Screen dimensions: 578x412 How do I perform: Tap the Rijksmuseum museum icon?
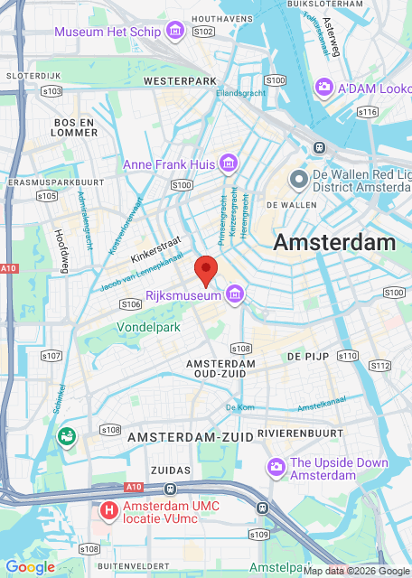click(x=235, y=294)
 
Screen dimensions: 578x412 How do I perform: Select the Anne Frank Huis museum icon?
click(x=229, y=164)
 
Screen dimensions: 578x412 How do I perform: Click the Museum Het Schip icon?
click(x=175, y=32)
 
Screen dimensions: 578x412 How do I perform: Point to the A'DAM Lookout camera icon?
click(x=323, y=87)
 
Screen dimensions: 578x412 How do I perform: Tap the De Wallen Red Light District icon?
click(x=298, y=180)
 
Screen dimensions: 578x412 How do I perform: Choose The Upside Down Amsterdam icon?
click(x=276, y=467)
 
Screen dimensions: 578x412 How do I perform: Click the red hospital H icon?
click(x=109, y=511)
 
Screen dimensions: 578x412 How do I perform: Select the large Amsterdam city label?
click(x=334, y=242)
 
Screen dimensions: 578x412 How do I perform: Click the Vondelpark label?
click(x=147, y=326)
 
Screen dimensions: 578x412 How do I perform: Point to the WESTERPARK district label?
click(x=181, y=81)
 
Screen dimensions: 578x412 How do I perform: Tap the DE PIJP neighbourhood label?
click(x=306, y=358)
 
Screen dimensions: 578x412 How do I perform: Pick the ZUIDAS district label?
click(x=172, y=471)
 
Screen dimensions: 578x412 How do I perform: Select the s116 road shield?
click(x=367, y=112)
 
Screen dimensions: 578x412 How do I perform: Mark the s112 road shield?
click(x=380, y=366)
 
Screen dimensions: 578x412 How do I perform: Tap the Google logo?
click(x=30, y=567)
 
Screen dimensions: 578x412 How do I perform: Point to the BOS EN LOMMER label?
click(x=76, y=126)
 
